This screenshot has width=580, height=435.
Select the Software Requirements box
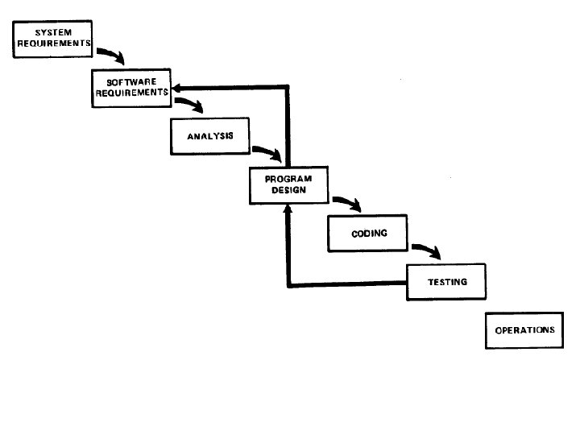point(130,88)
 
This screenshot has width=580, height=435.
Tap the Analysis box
point(209,135)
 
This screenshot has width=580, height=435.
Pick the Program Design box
point(288,185)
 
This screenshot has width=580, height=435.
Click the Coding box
point(369,234)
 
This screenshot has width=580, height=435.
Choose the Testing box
point(446,282)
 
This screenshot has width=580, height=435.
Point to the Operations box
point(524,330)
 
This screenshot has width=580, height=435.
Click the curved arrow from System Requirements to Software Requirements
point(111,56)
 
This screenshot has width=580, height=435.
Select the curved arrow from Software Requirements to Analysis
point(190,105)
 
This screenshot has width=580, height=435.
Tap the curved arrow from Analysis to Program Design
point(268,152)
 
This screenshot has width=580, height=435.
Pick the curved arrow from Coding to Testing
point(426,251)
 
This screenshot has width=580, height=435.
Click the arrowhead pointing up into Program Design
point(288,208)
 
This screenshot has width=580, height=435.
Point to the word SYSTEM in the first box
point(52,32)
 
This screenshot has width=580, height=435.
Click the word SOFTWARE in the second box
point(130,82)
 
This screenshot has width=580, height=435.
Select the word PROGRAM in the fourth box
point(288,180)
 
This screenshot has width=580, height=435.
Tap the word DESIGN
point(288,190)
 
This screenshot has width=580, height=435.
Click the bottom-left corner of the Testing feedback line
point(288,284)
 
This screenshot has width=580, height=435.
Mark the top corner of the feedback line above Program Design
point(288,86)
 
